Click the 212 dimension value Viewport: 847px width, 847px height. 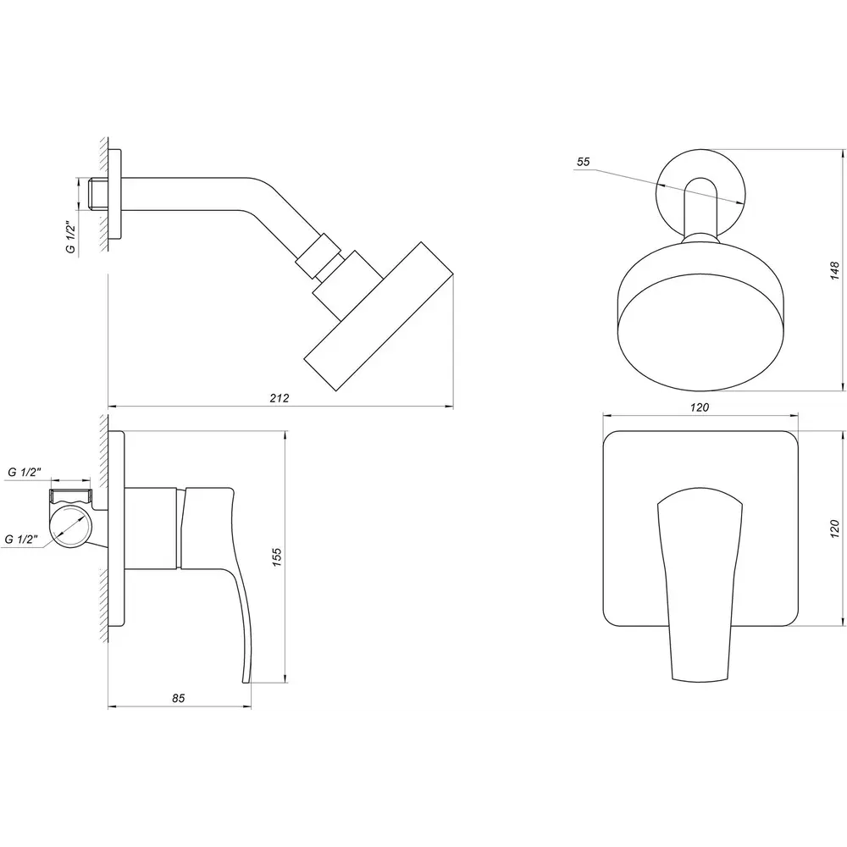click(x=280, y=398)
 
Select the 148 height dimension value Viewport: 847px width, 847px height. click(x=835, y=270)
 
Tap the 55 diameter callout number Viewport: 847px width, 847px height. click(x=584, y=162)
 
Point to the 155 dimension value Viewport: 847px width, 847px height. click(x=277, y=556)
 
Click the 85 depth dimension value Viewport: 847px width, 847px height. click(x=178, y=698)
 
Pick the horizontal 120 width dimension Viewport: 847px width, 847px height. click(x=700, y=407)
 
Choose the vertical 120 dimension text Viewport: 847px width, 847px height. click(x=835, y=529)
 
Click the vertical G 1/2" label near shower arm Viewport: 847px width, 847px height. click(x=70, y=236)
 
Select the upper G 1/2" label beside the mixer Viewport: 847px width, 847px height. click(x=25, y=472)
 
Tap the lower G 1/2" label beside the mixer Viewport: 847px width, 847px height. click(x=22, y=539)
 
